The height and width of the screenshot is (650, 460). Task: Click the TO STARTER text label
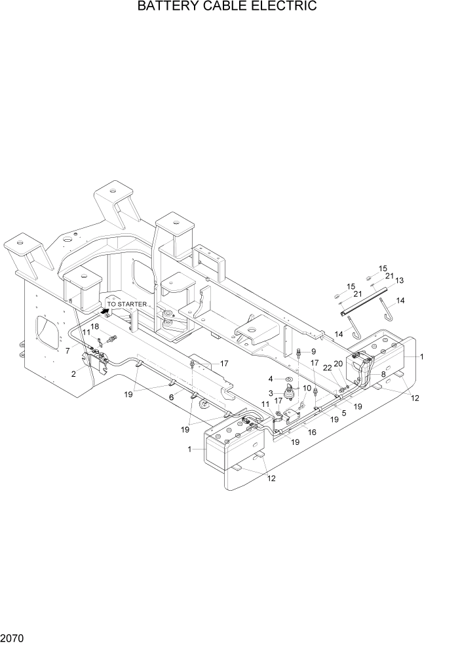coord(127,305)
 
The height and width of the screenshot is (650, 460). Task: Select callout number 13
coord(399,280)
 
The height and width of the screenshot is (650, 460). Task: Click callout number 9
coord(313,352)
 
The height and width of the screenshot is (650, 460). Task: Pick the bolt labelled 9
coord(299,354)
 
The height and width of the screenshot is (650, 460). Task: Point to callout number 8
coord(383,374)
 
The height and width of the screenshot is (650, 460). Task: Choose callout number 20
coord(339,364)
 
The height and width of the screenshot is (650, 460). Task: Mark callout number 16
coord(312,432)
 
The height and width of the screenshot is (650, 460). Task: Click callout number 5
coord(343,413)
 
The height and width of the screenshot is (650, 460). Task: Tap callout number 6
coord(171,397)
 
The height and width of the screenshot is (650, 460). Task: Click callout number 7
coord(67,351)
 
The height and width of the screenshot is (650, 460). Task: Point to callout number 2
coord(75,373)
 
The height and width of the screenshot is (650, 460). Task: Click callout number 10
coord(307,388)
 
